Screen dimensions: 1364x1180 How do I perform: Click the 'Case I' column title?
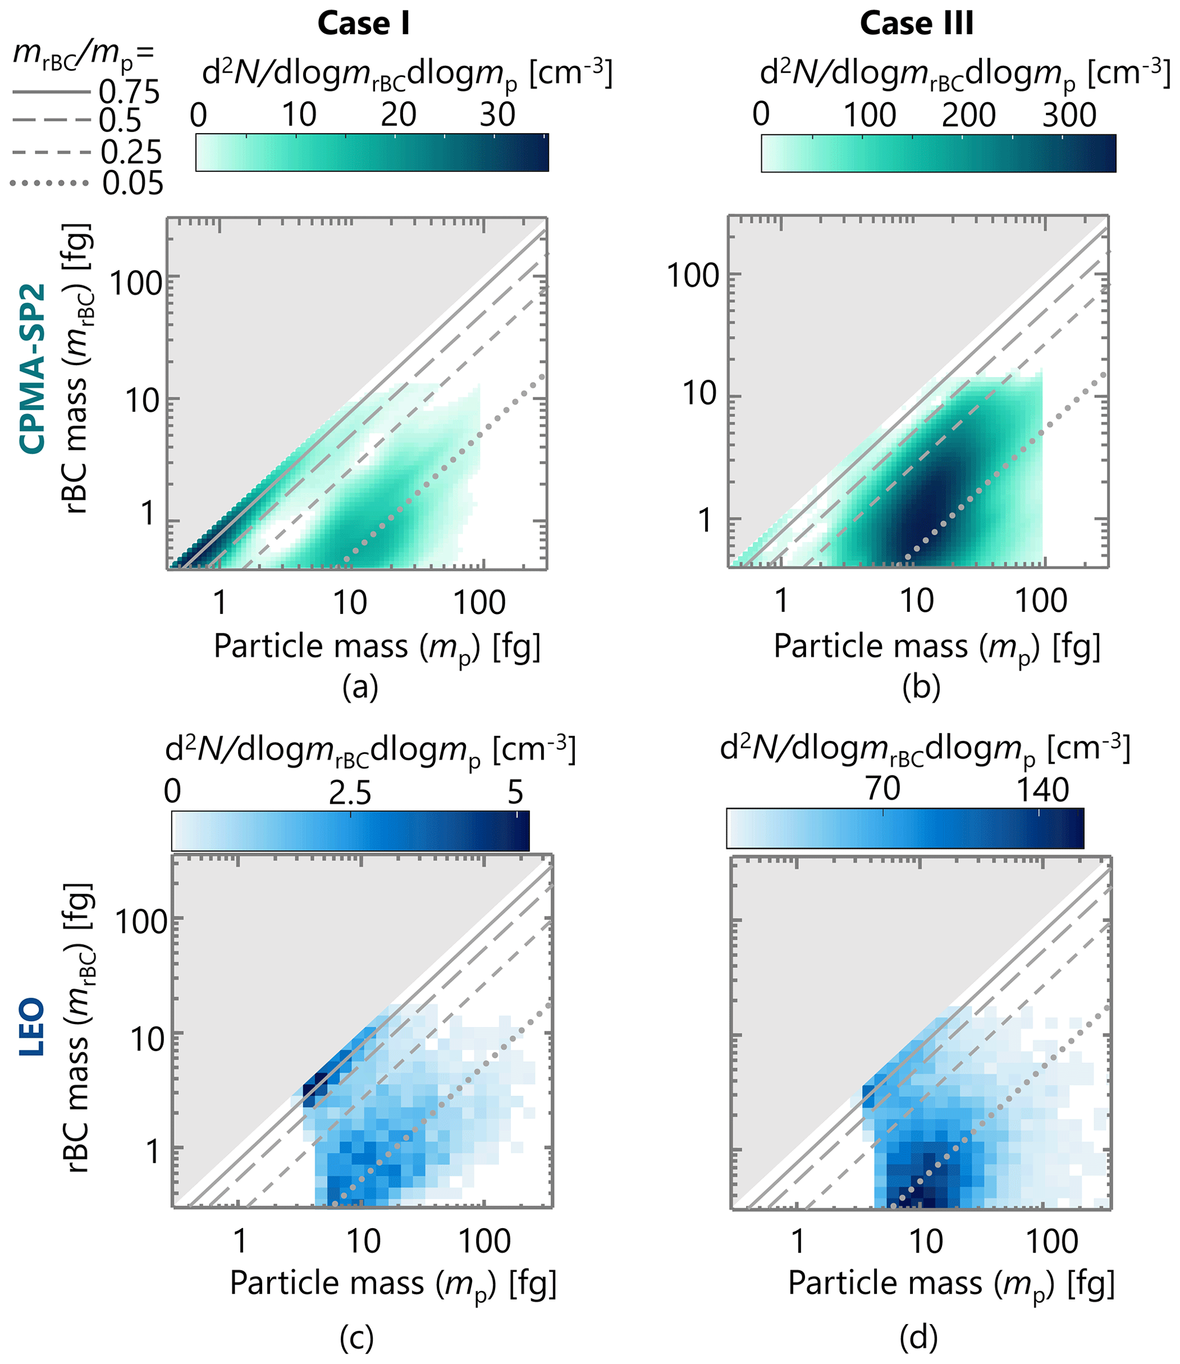(x=364, y=25)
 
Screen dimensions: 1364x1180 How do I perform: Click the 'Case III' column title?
(x=917, y=25)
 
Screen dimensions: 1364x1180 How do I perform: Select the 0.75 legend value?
(x=129, y=91)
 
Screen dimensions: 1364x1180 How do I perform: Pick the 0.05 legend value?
(x=133, y=183)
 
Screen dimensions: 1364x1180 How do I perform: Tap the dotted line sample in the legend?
(x=50, y=183)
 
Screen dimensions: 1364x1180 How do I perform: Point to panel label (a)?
(x=360, y=687)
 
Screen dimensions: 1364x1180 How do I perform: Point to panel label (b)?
(x=921, y=687)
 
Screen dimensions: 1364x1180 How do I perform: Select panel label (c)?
(x=357, y=1337)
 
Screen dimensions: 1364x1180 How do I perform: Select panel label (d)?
(x=919, y=1337)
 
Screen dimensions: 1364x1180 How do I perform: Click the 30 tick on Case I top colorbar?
(x=497, y=115)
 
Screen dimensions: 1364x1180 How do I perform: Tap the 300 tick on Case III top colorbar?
(x=1069, y=115)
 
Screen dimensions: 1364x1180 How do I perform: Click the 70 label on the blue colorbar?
(x=883, y=789)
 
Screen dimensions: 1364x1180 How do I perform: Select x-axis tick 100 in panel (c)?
(x=485, y=1241)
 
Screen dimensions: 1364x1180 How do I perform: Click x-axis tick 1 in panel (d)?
(x=798, y=1241)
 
